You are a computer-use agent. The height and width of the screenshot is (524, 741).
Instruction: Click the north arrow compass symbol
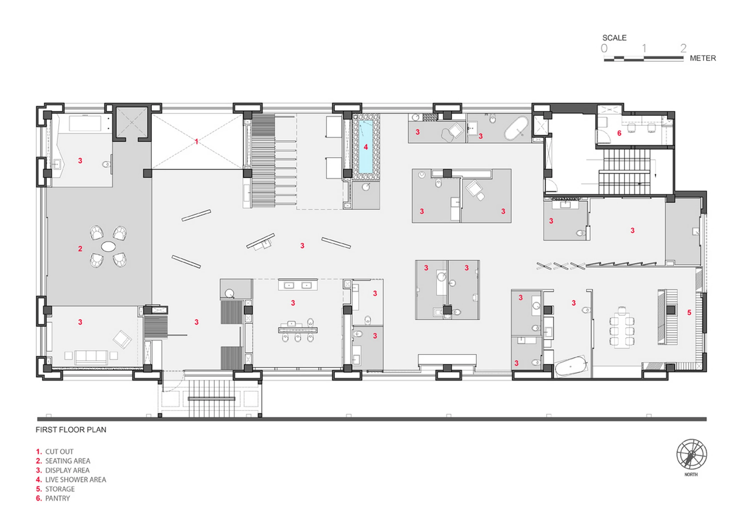tap(692, 454)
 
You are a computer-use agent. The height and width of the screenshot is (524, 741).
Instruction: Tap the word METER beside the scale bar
tap(703, 58)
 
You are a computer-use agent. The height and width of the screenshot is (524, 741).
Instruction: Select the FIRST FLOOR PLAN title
tap(71, 430)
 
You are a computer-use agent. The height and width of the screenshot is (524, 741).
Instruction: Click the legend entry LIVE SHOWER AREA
tap(76, 480)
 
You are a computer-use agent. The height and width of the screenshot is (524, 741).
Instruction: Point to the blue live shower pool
tap(366, 147)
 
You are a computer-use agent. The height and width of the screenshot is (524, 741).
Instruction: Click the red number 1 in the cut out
tap(196, 141)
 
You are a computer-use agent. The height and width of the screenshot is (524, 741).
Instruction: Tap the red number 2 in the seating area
tap(80, 249)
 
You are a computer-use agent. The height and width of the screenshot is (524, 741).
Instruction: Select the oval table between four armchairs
tap(108, 247)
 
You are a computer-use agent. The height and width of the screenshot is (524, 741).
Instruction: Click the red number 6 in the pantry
tap(619, 133)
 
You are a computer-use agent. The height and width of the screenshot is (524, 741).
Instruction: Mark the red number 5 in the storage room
tap(689, 312)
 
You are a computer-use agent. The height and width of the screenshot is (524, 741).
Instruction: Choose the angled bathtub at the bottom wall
tap(570, 366)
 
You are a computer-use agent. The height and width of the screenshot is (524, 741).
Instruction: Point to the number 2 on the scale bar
tap(683, 48)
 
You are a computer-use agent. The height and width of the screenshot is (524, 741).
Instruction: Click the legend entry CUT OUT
tap(59, 452)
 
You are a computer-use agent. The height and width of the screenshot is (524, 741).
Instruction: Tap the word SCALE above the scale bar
tap(614, 38)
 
